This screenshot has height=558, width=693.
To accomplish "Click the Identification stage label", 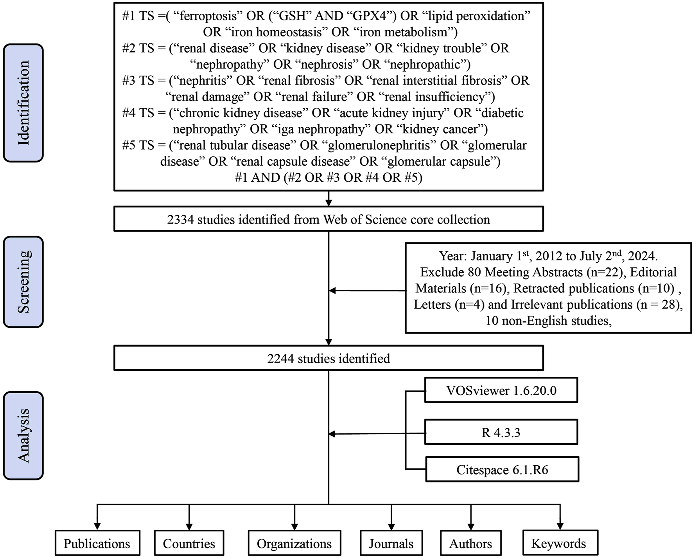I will pos(23,103).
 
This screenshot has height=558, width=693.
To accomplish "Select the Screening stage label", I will pos(23,282).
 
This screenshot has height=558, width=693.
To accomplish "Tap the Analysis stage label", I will pos(23,435).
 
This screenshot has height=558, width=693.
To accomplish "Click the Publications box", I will pos(97,544).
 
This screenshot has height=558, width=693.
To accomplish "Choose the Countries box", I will pos(189,544).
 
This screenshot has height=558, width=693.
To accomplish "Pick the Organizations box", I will pos(294,544).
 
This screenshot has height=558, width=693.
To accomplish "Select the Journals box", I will pos(391,544).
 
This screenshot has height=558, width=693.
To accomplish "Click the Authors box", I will pos(470,544).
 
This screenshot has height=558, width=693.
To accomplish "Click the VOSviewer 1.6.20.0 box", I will pos(501,390).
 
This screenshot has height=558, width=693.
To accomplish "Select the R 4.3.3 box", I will pos(501,432).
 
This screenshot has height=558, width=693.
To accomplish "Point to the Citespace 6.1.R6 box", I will pos(502,470).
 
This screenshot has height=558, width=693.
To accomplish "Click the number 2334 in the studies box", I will pos(180,220).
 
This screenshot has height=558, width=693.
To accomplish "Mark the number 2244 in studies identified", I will pos(280,359).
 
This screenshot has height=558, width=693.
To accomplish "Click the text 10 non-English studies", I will pos(548,321).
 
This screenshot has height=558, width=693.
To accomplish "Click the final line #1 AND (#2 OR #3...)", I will pos(329,178).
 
